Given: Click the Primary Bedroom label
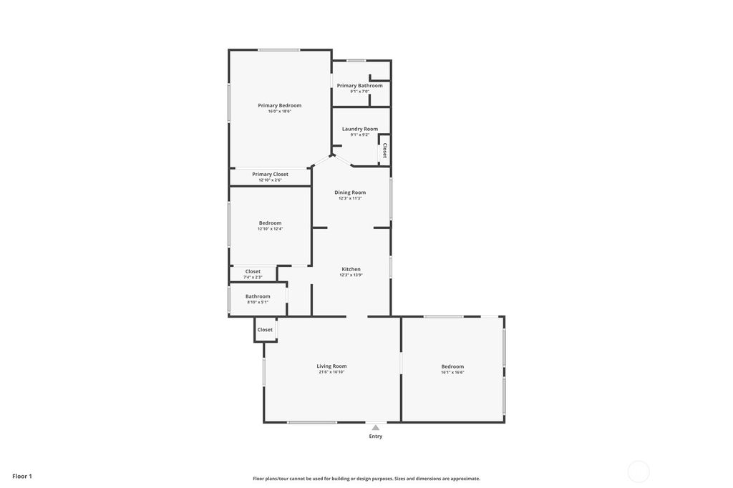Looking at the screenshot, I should [280, 105].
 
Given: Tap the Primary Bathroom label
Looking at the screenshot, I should [360, 85].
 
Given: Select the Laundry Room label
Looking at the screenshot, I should [360, 129].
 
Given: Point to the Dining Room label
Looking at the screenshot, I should [350, 192].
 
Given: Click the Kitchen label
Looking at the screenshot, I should [351, 269].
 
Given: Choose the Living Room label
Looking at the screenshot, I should [331, 366].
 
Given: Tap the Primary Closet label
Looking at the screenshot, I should [271, 174].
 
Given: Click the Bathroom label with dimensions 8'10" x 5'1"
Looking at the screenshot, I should [258, 296].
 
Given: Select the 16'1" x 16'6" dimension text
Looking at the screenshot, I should [452, 372].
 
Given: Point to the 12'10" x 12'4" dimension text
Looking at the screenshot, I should [271, 229].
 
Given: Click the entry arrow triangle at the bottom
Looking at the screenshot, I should [375, 428].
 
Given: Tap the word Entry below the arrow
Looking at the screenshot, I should [376, 436].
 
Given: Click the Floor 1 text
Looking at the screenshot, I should [22, 476].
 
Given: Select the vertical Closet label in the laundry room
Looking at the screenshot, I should [385, 150].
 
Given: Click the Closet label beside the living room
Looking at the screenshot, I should [265, 330].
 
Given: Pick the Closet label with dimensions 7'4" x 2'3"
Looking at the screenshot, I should [253, 271].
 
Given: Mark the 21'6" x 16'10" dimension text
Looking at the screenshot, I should [331, 372].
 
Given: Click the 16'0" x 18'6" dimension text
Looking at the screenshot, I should [280, 112].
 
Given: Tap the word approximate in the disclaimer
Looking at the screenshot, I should [464, 479].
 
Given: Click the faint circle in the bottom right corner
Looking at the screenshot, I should [639, 472].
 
